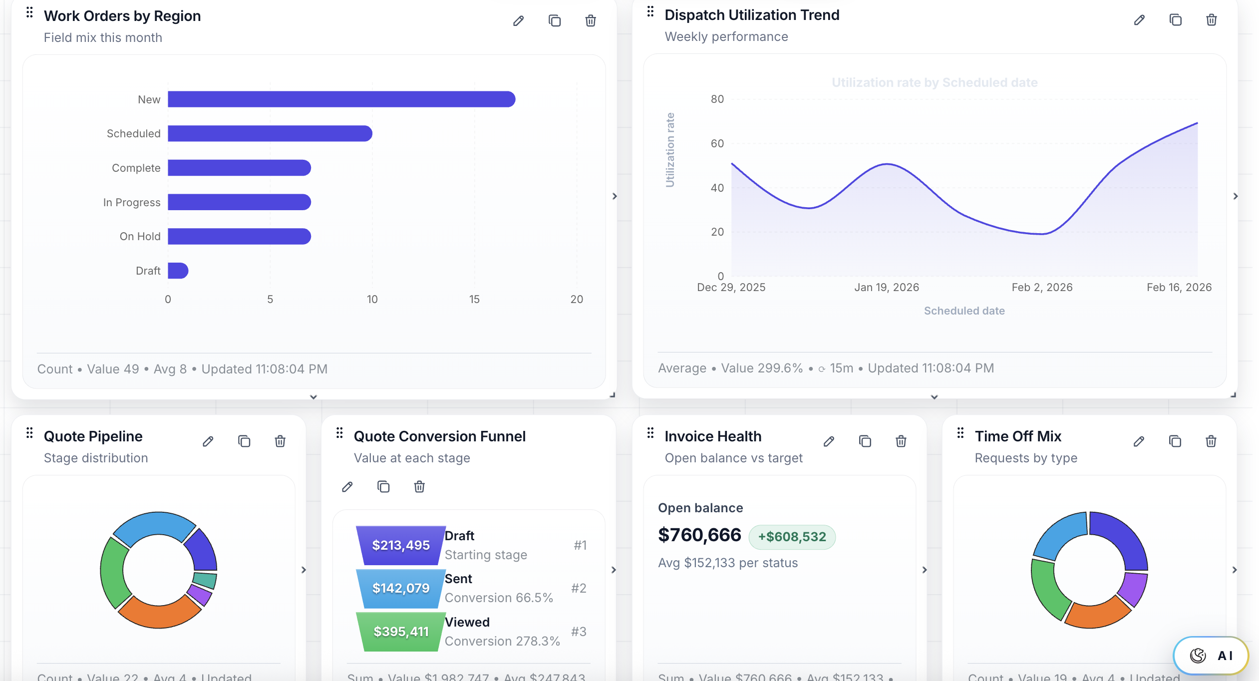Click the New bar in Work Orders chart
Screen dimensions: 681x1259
(x=341, y=99)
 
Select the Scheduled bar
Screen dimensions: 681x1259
(x=270, y=133)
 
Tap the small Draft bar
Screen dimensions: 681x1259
(x=178, y=271)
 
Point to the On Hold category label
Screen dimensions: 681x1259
(x=140, y=236)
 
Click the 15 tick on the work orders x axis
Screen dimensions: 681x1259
(x=474, y=299)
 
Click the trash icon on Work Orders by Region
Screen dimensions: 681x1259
(x=590, y=20)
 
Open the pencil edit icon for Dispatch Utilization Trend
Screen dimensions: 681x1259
(x=1139, y=20)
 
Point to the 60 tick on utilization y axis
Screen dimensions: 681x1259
(x=717, y=144)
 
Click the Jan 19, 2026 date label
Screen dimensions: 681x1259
(x=886, y=287)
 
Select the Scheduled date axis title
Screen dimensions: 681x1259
(x=964, y=311)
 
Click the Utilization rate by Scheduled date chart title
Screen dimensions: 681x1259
(x=934, y=82)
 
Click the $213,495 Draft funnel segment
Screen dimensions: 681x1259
(x=401, y=545)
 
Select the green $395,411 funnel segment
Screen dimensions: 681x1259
(x=401, y=632)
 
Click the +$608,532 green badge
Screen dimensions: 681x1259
(x=792, y=537)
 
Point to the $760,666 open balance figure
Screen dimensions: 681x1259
(x=699, y=535)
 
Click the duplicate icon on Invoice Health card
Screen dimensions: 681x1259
(x=865, y=441)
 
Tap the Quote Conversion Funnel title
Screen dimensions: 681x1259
(x=439, y=436)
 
